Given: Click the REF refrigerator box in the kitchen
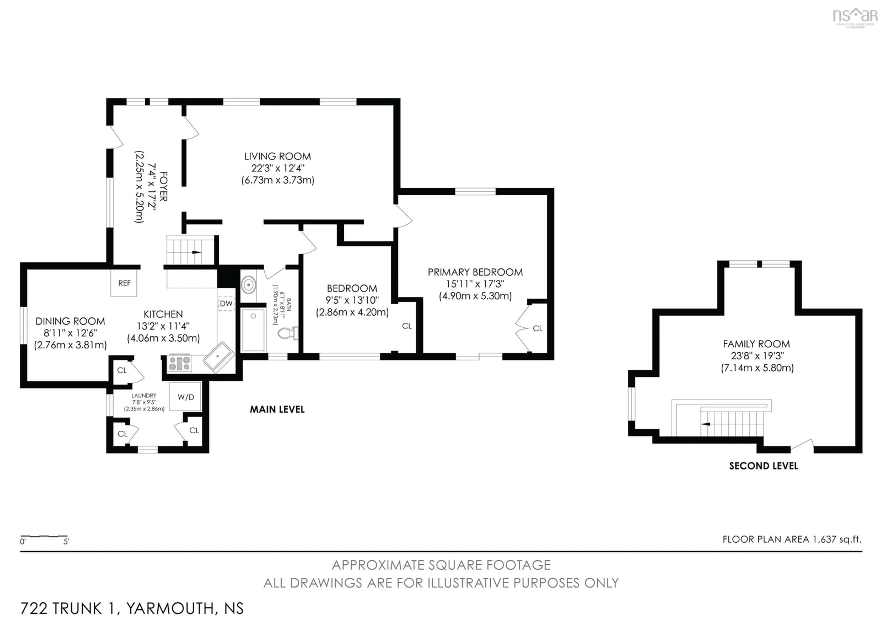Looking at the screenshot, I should [124, 283].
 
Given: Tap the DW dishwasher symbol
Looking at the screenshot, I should [226, 303].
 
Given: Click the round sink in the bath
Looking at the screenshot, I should [249, 285].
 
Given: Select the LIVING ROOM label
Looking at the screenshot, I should [277, 156].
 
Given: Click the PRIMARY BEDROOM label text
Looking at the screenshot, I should [475, 272].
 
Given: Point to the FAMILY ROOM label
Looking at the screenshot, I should [756, 344].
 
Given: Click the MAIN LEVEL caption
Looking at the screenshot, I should [277, 410].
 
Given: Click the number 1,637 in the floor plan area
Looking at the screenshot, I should [824, 539].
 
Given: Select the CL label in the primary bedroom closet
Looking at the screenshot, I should [537, 328].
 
